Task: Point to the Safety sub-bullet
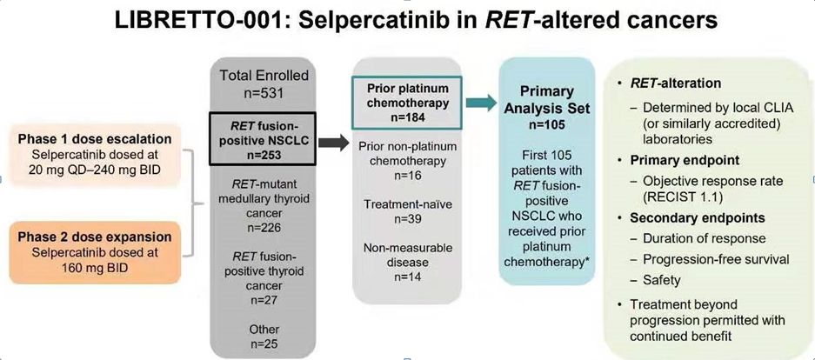pos(662,280)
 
